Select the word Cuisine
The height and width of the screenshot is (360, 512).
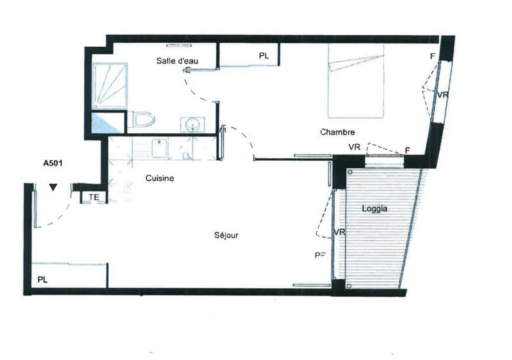pyautogui.click(x=160, y=179)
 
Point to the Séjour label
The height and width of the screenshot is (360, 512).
pyautogui.click(x=227, y=235)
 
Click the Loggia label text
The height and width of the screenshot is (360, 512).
pyautogui.click(x=375, y=209)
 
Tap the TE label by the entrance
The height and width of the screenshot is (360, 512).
pyautogui.click(x=93, y=197)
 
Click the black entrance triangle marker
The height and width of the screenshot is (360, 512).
pyautogui.click(x=53, y=187)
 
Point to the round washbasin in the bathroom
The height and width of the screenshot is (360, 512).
pyautogui.click(x=193, y=123)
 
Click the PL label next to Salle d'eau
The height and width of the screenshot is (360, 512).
pyautogui.click(x=264, y=56)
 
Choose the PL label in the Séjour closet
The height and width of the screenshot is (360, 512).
pyautogui.click(x=42, y=280)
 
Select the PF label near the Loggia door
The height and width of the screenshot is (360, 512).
pyautogui.click(x=320, y=255)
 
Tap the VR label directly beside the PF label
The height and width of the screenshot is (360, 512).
pyautogui.click(x=340, y=232)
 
